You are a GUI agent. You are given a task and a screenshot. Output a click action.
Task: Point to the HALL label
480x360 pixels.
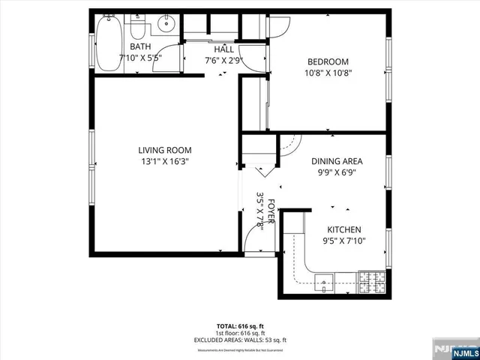pos(224,49)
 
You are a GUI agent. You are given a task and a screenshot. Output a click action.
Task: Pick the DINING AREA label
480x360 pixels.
pos(337,160)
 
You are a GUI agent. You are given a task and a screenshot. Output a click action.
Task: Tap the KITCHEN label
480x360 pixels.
pos(344,230)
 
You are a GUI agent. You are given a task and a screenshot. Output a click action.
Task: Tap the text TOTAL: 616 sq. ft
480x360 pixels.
pos(237,326)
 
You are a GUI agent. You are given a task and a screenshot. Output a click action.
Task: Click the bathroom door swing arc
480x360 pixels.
pos(172,58)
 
